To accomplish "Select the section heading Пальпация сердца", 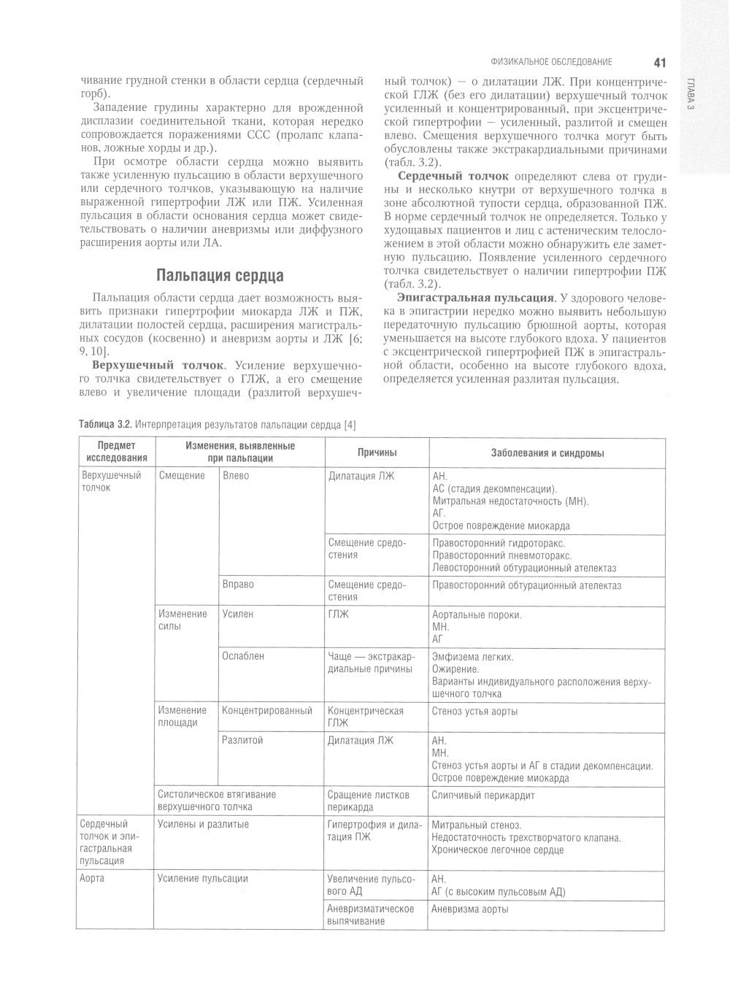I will [x=220, y=275].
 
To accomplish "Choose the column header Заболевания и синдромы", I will [x=547, y=453].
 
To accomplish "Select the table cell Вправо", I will [x=238, y=585].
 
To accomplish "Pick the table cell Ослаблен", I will [x=243, y=656].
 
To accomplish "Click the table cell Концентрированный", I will [x=267, y=710].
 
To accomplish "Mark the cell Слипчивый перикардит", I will [x=483, y=795].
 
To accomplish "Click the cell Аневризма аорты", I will [x=470, y=909].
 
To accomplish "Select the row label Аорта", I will [x=92, y=879].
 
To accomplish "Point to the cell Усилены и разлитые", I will [x=203, y=825].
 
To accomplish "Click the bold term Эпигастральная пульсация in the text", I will [x=474, y=297].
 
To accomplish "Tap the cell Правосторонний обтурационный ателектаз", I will [x=526, y=585].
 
